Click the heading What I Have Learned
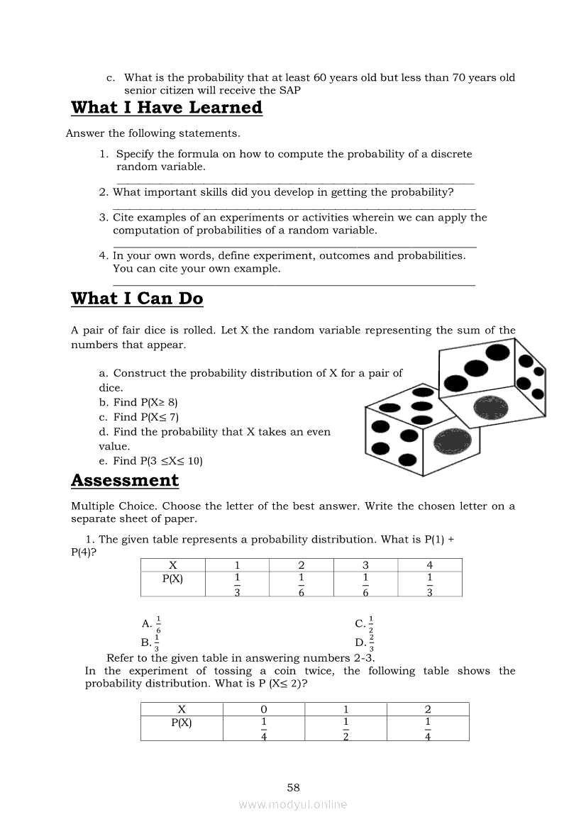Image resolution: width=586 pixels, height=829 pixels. tap(167, 108)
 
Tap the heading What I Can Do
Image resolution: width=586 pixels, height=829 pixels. tap(137, 299)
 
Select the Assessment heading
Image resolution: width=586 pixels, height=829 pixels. tap(125, 480)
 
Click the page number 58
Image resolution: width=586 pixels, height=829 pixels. tap(293, 787)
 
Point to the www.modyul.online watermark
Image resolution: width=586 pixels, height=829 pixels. tap(293, 804)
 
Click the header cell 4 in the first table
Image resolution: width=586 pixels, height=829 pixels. tap(429, 565)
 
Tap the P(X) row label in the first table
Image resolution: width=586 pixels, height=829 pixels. tap(172, 579)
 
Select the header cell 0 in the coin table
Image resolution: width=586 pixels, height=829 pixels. tap(264, 709)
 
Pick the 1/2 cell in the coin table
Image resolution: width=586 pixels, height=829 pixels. tap(345, 728)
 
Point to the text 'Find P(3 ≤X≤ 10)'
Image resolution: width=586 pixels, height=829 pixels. tap(150, 461)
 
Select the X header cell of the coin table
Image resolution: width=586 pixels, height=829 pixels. tap(182, 709)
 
